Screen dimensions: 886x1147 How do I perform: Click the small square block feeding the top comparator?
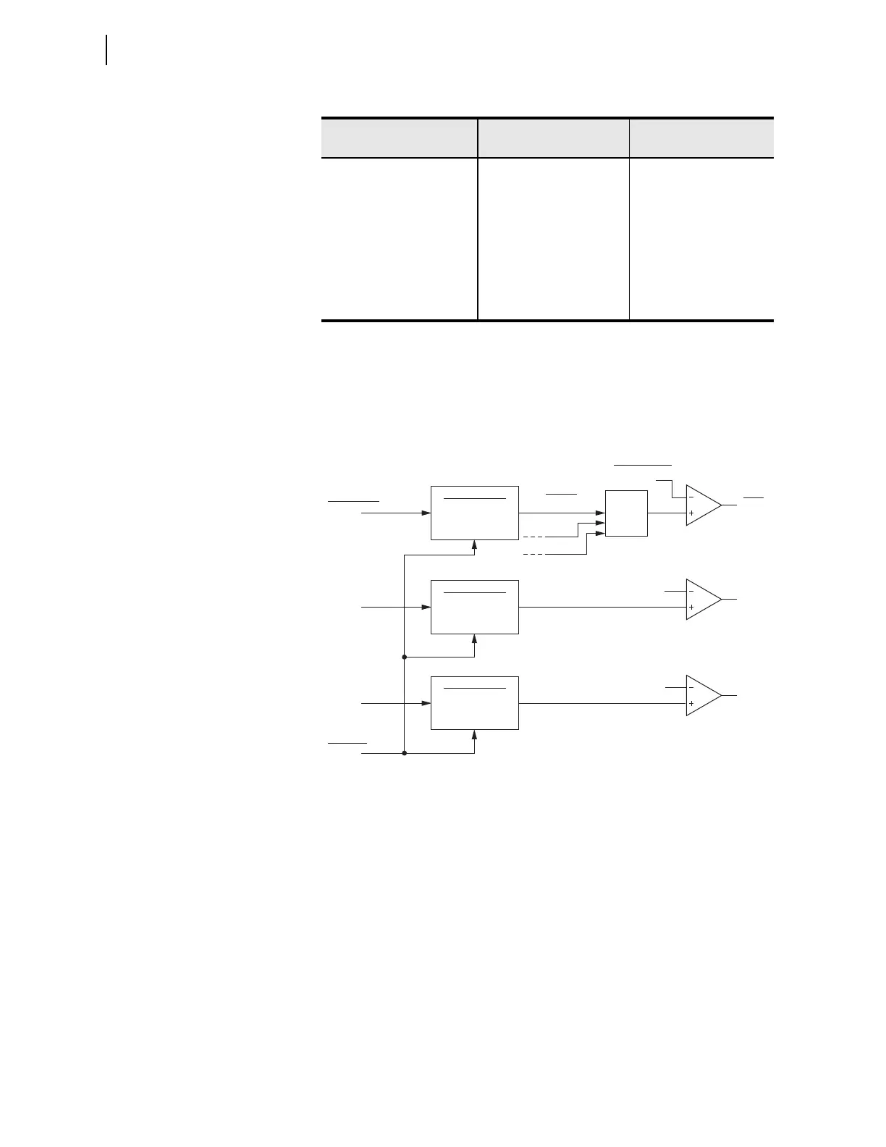pos(626,513)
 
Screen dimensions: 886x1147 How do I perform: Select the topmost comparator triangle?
pos(702,505)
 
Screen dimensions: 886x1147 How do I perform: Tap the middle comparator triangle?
pos(702,600)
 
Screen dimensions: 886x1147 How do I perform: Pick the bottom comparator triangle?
pos(702,695)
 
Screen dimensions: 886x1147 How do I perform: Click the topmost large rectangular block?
pos(475,513)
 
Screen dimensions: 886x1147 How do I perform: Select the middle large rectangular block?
pos(475,607)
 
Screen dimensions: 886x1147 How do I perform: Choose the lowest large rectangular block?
pos(475,703)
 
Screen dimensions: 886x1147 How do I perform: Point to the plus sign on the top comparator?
pos(691,513)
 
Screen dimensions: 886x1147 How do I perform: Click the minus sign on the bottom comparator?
pos(691,687)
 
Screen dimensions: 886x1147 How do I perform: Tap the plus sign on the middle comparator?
pos(691,608)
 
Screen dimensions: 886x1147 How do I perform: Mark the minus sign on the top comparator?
pos(691,497)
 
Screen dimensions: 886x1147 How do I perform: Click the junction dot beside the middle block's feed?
pos(404,657)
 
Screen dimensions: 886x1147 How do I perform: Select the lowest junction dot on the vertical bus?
pos(404,753)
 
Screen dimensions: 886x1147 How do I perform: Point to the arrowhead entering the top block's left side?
pos(426,513)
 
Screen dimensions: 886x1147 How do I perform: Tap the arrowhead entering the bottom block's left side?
pos(426,703)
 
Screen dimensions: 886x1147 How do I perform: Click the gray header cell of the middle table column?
pos(553,138)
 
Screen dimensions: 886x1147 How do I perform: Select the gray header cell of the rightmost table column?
pos(701,138)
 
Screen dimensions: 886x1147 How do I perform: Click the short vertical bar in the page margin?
pos(107,49)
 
